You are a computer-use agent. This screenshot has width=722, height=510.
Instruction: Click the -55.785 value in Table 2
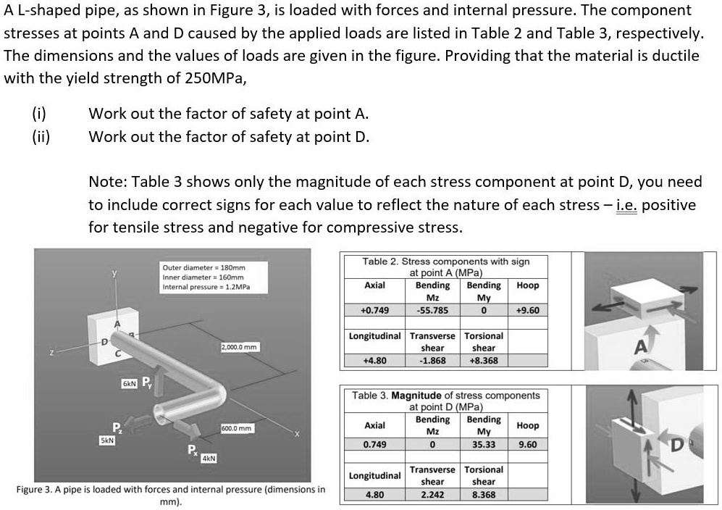(432, 311)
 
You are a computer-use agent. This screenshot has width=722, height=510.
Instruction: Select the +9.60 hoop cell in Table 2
(527, 311)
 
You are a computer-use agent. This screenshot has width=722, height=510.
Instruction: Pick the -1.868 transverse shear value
(432, 360)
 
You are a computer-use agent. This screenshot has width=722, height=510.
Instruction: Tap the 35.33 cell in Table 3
(483, 444)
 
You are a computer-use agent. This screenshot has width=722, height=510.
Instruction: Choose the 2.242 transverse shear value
(432, 495)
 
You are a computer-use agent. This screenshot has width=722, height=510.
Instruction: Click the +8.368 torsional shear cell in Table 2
(483, 360)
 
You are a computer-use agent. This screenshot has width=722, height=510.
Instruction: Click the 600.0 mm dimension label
(236, 428)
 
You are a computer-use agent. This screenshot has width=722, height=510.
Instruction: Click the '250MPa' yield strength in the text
(214, 78)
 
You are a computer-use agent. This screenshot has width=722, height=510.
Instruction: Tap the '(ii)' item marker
(40, 136)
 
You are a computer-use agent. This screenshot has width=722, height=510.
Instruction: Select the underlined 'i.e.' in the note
(626, 205)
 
